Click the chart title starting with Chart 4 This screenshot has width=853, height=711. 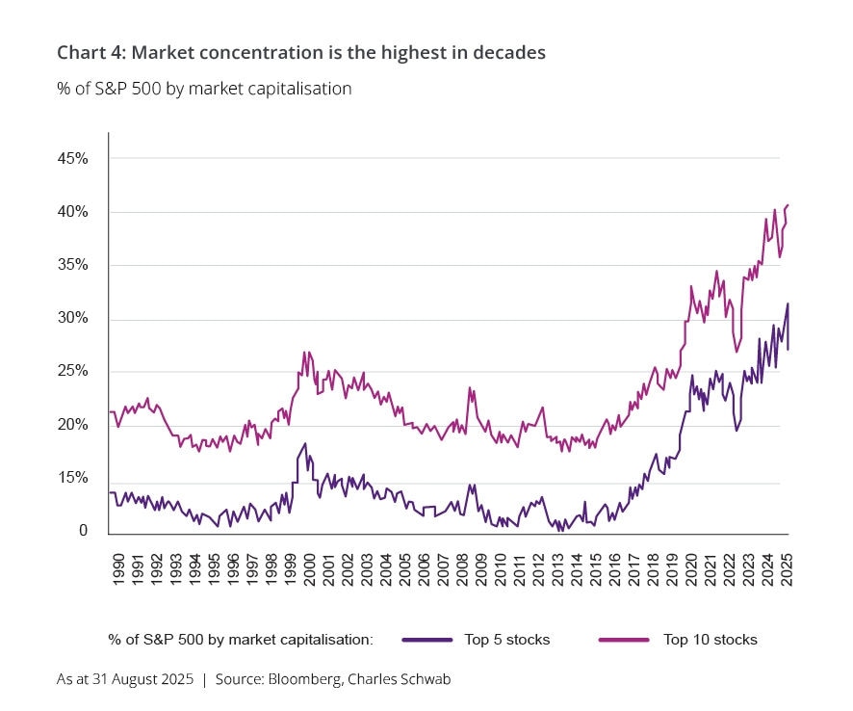coord(300,53)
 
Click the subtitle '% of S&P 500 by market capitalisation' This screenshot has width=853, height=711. coord(204,89)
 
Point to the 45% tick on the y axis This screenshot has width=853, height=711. coord(72,158)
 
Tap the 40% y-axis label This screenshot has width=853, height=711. coord(72,212)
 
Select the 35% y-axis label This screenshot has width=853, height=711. coord(72,265)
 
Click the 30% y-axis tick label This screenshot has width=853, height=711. coord(72,318)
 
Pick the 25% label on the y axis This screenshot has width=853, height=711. coord(72,372)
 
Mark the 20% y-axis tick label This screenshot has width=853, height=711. coord(72,425)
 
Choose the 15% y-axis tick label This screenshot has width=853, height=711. coord(72,479)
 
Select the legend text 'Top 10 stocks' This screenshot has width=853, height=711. coord(711,640)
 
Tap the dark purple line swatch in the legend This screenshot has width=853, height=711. coord(427,640)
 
